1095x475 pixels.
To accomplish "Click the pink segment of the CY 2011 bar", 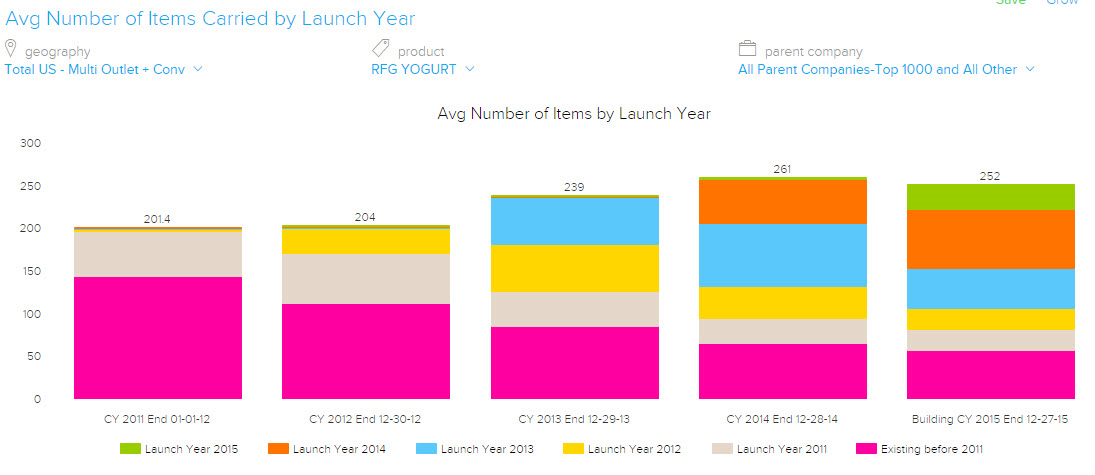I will point(158,337).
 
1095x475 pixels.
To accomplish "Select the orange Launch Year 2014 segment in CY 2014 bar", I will point(783,201).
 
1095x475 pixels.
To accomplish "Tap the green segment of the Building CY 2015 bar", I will point(990,197).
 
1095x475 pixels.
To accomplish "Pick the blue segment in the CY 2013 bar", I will point(574,221).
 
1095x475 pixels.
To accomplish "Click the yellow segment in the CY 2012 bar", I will point(366,241).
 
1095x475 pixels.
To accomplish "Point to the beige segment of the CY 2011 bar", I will point(158,254).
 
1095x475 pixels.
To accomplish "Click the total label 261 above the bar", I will point(782,169).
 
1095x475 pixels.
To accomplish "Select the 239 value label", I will point(574,187).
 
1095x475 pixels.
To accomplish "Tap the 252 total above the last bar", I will point(990,176).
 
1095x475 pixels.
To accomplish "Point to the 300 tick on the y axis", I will point(30,144).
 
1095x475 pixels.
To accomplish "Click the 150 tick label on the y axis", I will point(30,272).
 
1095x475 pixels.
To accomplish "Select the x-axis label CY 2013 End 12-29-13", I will point(574,419).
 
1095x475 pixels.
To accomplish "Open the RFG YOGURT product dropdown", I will point(423,69).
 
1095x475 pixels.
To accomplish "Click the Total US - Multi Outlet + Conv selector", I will point(104,69).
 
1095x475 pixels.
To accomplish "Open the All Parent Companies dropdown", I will point(886,69).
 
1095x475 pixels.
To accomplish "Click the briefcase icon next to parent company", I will point(747,49).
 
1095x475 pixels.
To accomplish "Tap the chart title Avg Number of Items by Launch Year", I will point(574,114).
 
